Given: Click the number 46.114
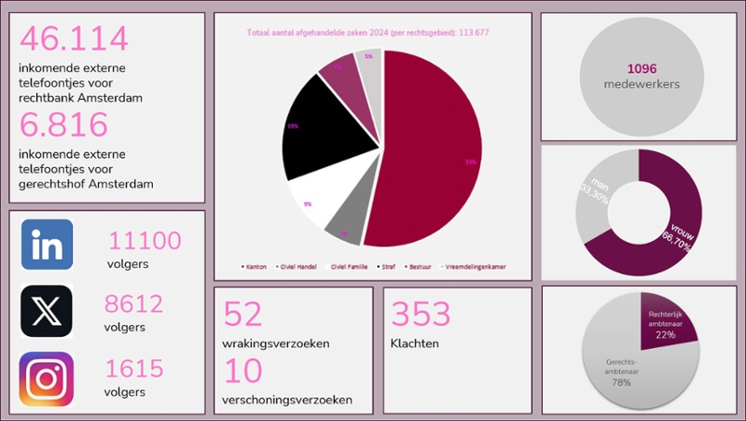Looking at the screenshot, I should [x=74, y=39].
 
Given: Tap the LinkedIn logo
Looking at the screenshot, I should [x=47, y=245].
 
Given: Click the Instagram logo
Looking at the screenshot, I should [x=47, y=378].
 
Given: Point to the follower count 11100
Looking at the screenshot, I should [x=145, y=241].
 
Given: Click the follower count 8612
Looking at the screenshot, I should [x=136, y=304].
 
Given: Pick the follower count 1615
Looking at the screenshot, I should [x=136, y=369].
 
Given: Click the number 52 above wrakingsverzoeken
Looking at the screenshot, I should [x=243, y=315].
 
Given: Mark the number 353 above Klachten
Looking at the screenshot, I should [x=421, y=314].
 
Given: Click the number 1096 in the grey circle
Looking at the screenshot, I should [x=642, y=68].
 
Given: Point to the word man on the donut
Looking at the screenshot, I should [x=598, y=183].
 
